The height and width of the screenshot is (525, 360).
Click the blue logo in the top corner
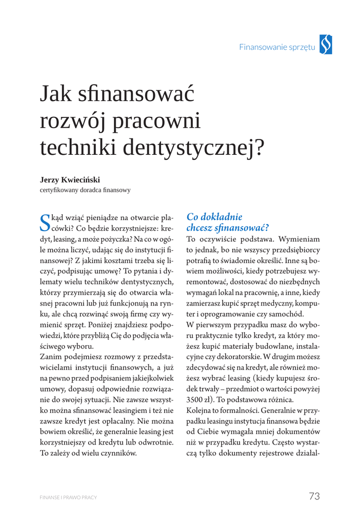tap(326, 45)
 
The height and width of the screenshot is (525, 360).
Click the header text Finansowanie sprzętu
tap(276, 47)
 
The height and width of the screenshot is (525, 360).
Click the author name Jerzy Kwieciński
tap(70, 179)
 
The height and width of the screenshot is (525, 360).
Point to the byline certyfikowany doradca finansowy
tap(85, 190)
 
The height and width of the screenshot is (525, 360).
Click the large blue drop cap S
tap(45, 221)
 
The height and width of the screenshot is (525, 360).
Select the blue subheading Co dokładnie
tap(214, 217)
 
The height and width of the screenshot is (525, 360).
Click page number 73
tap(314, 496)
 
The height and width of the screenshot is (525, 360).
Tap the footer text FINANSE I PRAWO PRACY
tap(68, 497)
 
